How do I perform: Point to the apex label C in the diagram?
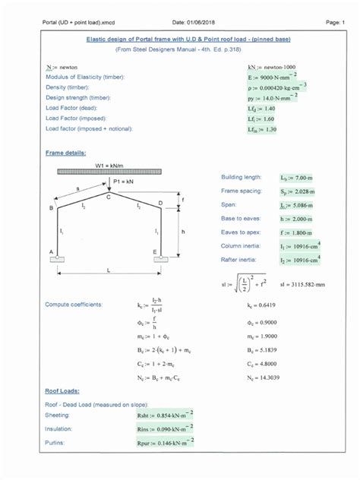[108, 196]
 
